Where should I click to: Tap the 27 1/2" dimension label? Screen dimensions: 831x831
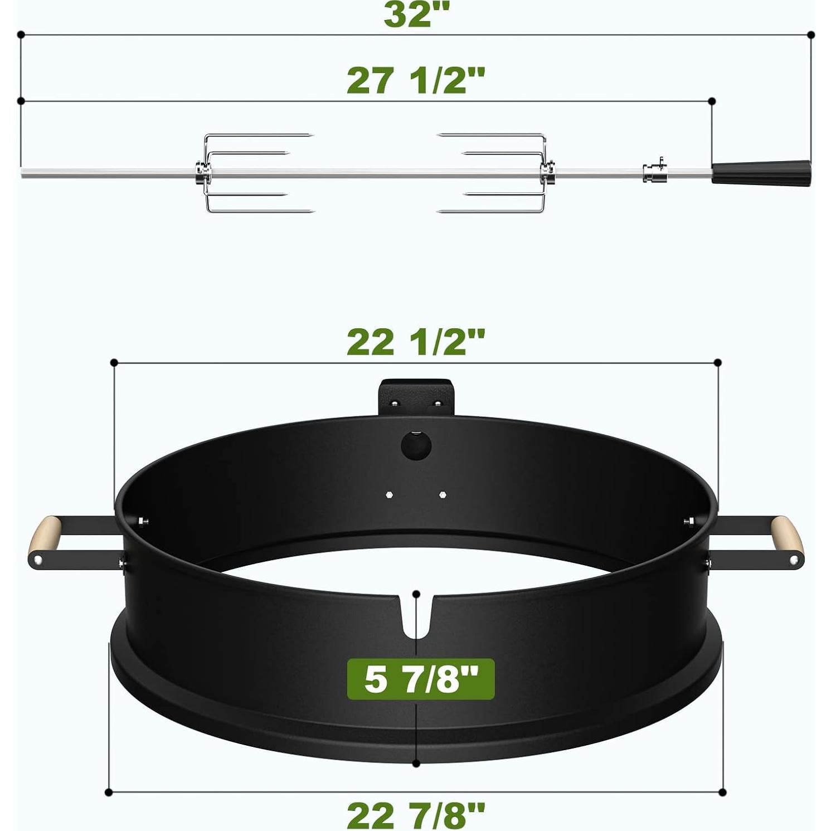click(x=416, y=80)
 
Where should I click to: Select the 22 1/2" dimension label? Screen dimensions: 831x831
click(x=416, y=342)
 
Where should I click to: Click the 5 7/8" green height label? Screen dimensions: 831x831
click(x=421, y=679)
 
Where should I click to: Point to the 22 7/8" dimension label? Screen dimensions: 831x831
click(x=416, y=815)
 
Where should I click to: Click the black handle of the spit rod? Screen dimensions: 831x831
click(x=761, y=172)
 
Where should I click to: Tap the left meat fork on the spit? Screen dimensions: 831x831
click(x=245, y=173)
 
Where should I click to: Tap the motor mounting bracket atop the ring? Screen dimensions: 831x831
click(x=416, y=397)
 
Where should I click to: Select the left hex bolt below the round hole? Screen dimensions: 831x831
click(x=389, y=494)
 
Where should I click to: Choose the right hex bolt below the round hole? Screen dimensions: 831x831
click(x=443, y=494)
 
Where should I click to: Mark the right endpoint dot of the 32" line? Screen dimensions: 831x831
click(x=811, y=35)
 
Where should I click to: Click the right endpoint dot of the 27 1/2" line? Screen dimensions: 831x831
click(x=712, y=101)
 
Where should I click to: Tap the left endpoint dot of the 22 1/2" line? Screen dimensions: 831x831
click(x=114, y=363)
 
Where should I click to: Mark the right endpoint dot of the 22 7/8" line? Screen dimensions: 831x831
click(x=722, y=792)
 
